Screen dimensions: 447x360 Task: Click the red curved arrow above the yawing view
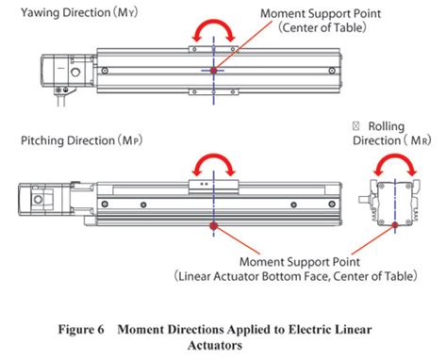tap(214, 23)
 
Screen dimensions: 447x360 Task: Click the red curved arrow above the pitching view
tap(214, 156)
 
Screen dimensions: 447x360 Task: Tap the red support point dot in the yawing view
tap(214, 71)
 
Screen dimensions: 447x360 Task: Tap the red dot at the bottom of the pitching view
tap(214, 225)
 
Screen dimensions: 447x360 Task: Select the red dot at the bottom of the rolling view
tap(395, 225)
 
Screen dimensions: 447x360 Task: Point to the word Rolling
tap(387, 126)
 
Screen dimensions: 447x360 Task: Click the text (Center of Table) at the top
tap(323, 27)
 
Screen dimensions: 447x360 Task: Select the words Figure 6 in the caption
tap(81, 330)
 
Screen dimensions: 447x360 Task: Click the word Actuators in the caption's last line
tap(215, 345)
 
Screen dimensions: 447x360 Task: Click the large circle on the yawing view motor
tap(75, 73)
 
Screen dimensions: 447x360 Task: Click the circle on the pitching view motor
tap(39, 199)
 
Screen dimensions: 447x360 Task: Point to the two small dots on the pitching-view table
tap(205, 184)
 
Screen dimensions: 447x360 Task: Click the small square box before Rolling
tap(356, 126)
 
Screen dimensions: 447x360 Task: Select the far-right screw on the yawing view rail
tap(332, 71)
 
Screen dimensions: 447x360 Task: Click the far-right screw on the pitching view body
tap(332, 205)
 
